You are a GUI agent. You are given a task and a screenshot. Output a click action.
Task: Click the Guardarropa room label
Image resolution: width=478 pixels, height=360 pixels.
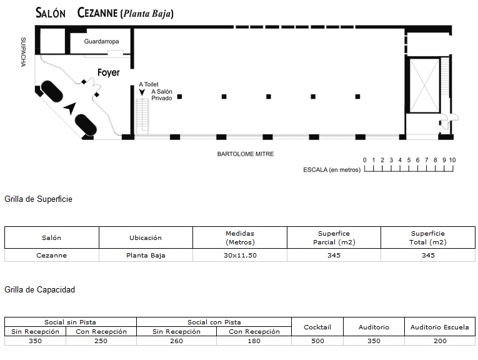pos(101,41)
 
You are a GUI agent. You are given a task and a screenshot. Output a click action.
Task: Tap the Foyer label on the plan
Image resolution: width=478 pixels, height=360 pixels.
pos(109,72)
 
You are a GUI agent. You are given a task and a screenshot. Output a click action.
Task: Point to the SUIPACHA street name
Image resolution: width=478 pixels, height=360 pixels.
pos(23,52)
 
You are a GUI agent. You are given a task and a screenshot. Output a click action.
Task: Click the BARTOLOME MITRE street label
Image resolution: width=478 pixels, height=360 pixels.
pos(246,154)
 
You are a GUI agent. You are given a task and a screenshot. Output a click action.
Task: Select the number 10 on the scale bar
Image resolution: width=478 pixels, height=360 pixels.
pos(452,160)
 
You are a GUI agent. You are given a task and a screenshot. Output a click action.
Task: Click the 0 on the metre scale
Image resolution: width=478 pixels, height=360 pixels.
pos(365,160)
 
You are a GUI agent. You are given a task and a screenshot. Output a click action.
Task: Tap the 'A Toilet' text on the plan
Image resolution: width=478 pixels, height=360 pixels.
pos(149,84)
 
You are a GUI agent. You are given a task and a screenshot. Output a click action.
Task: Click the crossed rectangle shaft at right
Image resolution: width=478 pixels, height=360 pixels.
pos(424,85)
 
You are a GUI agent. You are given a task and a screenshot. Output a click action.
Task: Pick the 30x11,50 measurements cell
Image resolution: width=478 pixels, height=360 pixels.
pos(240,256)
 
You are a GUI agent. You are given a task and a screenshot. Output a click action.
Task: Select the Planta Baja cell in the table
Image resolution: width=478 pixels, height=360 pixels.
pos(146,256)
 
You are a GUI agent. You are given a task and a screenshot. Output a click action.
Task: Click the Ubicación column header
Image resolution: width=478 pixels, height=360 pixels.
pos(146,237)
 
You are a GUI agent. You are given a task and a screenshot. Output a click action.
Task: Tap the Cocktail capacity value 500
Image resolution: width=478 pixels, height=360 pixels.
pos(317,341)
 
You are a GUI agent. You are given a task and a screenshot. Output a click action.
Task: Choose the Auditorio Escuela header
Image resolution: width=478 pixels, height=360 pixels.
pos(440,327)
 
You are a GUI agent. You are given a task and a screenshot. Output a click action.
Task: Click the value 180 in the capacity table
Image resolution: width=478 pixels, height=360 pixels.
pos(254,341)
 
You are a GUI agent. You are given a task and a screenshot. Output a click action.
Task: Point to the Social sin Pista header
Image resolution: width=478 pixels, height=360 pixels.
pos(70,322)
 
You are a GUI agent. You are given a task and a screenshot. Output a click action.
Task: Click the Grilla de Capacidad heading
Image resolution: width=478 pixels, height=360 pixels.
pos(39,289)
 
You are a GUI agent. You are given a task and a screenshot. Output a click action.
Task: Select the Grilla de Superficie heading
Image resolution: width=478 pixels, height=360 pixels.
pos(38,199)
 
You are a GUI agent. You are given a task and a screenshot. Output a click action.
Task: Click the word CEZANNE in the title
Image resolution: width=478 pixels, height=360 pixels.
pos(97,12)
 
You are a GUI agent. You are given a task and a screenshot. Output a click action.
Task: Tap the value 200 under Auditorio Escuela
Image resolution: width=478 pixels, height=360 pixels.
pos(441,341)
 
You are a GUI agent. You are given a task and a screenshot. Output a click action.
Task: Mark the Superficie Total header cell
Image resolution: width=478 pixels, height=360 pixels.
pos(427,237)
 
